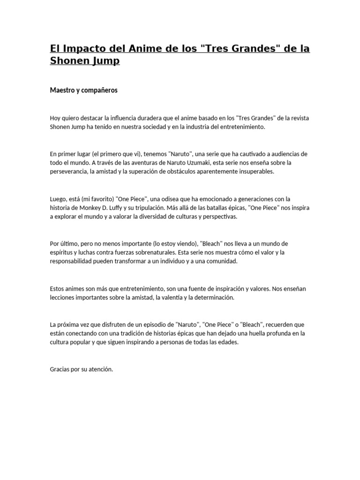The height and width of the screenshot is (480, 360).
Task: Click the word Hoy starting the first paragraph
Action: click(x=55, y=118)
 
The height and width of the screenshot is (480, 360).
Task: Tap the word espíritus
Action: click(x=61, y=253)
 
